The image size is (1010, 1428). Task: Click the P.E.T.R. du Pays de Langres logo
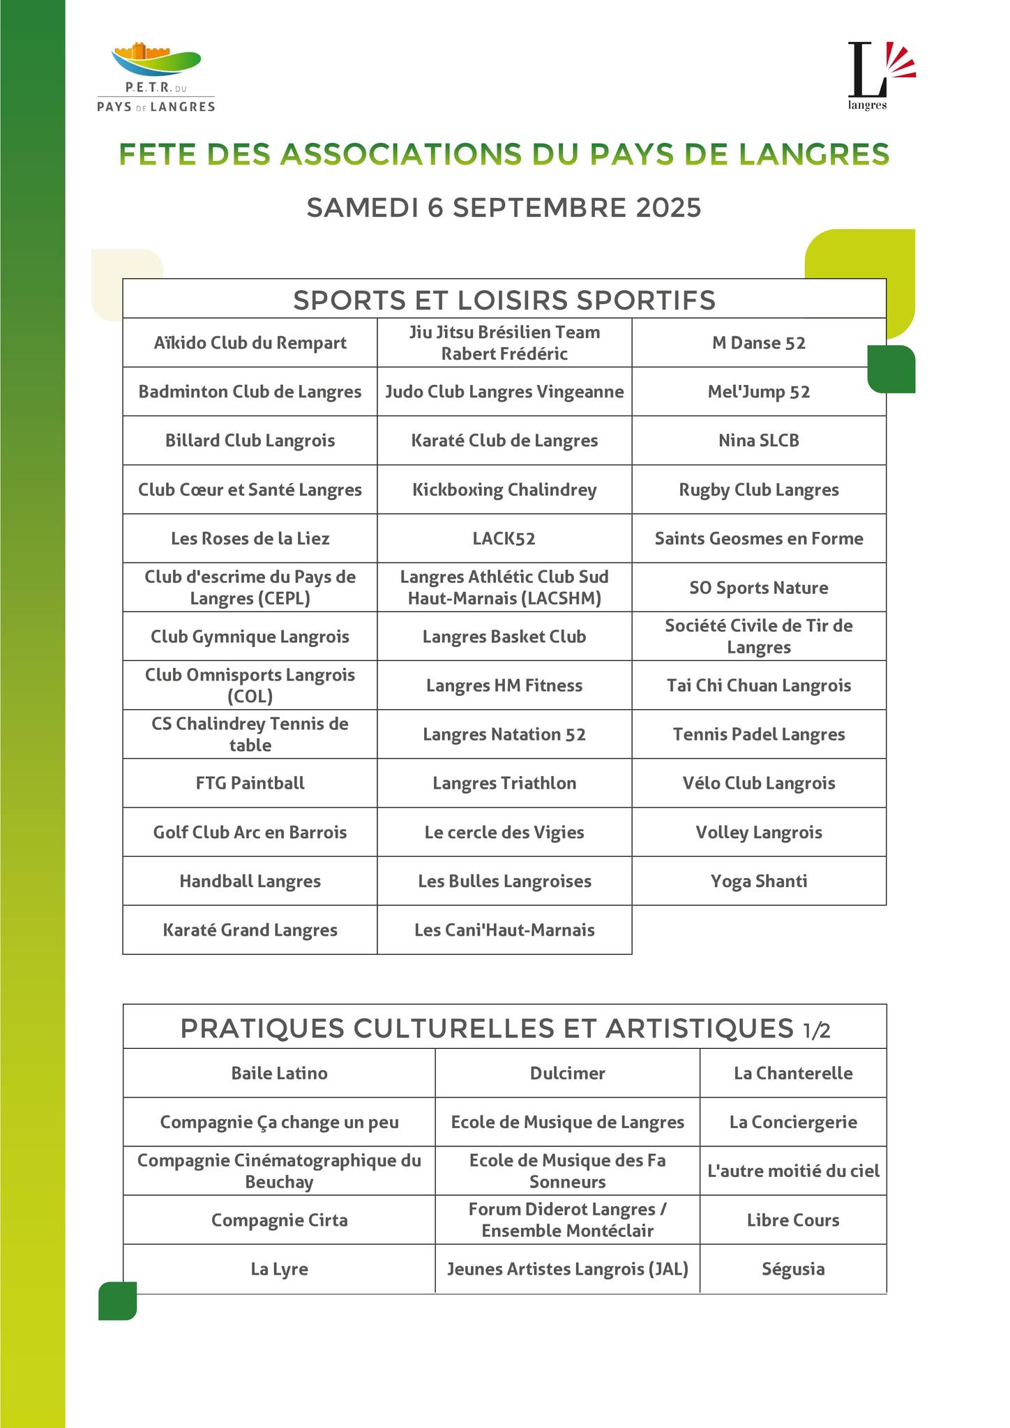(x=156, y=77)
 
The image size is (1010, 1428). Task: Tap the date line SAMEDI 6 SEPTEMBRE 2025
(x=504, y=208)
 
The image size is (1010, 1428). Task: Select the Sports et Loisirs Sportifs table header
(x=504, y=300)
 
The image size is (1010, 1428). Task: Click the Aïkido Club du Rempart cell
(x=250, y=343)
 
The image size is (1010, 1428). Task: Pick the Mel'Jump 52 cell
(x=758, y=392)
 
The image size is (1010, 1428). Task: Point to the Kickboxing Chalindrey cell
(x=504, y=489)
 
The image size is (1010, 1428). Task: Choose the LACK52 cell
(x=504, y=538)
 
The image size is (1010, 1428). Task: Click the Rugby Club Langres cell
(x=758, y=489)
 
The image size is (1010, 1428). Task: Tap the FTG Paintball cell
(x=250, y=783)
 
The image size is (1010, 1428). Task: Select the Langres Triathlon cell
(x=504, y=783)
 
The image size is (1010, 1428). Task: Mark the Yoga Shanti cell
(x=758, y=881)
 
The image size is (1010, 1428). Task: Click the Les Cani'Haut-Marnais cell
(x=504, y=930)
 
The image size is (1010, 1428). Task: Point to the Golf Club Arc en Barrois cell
(x=250, y=833)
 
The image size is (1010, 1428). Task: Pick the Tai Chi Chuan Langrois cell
(x=758, y=685)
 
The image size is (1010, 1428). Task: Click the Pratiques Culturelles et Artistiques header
(x=504, y=1028)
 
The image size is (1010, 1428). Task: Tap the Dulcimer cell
(x=567, y=1073)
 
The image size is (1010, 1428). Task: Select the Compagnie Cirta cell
(x=279, y=1220)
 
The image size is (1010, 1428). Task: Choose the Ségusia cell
(x=793, y=1269)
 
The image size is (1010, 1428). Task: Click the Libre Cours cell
(x=793, y=1220)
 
